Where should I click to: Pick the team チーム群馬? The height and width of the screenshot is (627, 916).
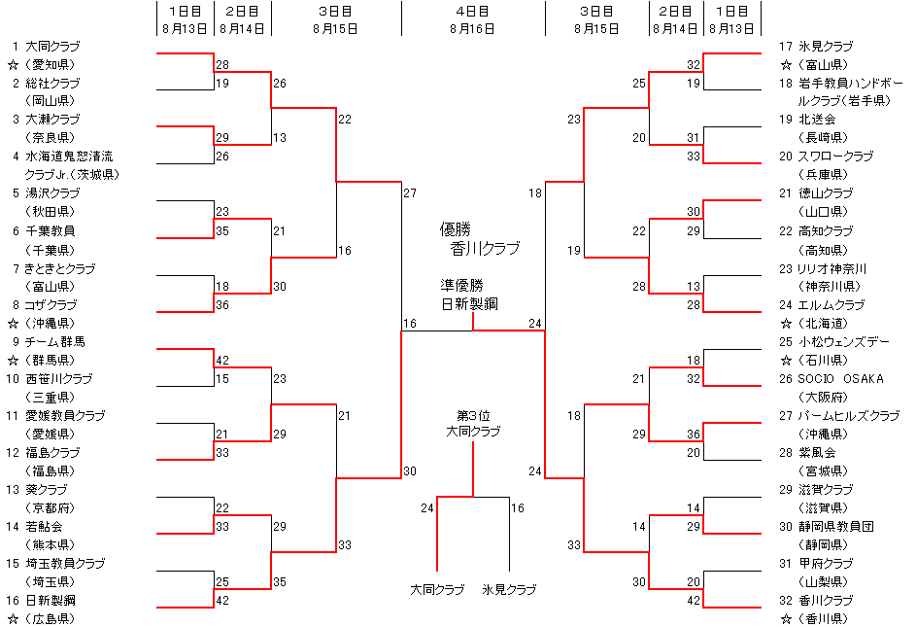tap(54, 341)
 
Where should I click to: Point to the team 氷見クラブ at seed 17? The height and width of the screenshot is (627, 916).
tap(826, 46)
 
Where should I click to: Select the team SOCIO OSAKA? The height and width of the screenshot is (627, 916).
tap(841, 378)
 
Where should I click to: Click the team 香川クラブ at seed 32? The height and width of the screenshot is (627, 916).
tap(826, 600)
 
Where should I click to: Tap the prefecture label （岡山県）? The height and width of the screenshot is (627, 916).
tap(50, 100)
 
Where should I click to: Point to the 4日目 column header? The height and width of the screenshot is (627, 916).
tap(472, 11)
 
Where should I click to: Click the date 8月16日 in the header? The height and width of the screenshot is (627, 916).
tap(472, 28)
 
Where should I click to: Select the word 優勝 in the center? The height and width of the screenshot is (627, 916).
tap(455, 229)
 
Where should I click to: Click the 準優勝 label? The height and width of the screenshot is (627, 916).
tap(461, 286)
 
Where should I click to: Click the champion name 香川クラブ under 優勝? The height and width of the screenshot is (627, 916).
tap(485, 249)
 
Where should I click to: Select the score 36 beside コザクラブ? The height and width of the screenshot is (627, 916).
tap(222, 304)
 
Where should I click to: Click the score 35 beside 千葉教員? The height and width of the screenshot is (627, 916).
tap(222, 230)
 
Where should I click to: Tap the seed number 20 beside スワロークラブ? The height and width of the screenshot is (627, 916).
tap(785, 157)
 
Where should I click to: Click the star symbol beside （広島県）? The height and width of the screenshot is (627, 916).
tap(14, 618)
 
